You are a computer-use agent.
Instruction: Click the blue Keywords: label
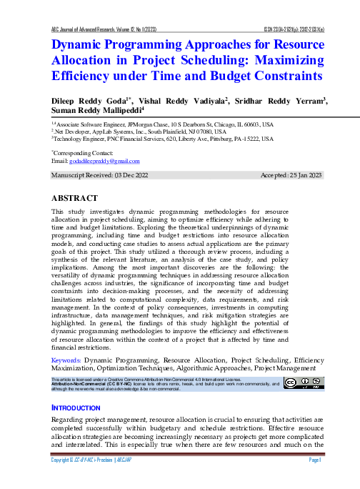click(x=67, y=360)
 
